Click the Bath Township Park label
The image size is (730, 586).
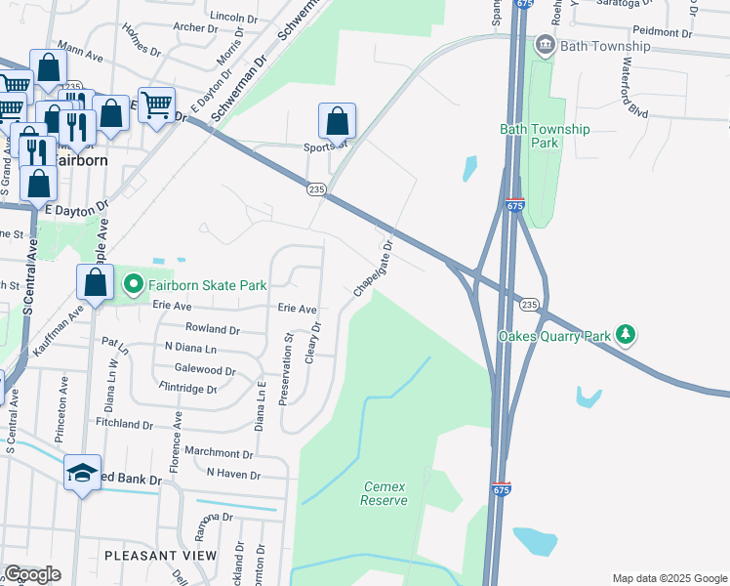545,136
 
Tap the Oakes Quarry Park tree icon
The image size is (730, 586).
626,335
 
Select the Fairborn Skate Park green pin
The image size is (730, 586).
133,285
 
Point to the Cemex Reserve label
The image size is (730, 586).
384,493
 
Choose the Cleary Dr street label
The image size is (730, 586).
314,342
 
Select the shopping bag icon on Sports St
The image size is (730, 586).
337,121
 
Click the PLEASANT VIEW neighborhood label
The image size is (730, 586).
160,556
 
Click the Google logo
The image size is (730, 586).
32,574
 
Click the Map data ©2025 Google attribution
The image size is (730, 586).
669,577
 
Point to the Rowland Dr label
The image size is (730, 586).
212,329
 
